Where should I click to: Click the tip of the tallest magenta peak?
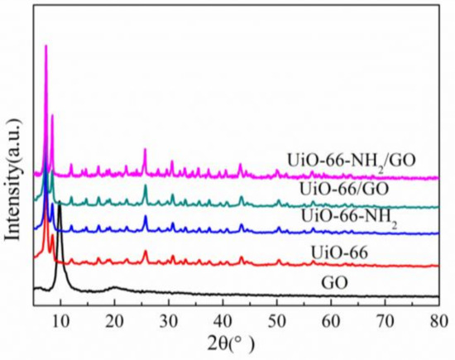click(x=45, y=46)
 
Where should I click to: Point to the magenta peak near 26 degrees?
click(x=145, y=150)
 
